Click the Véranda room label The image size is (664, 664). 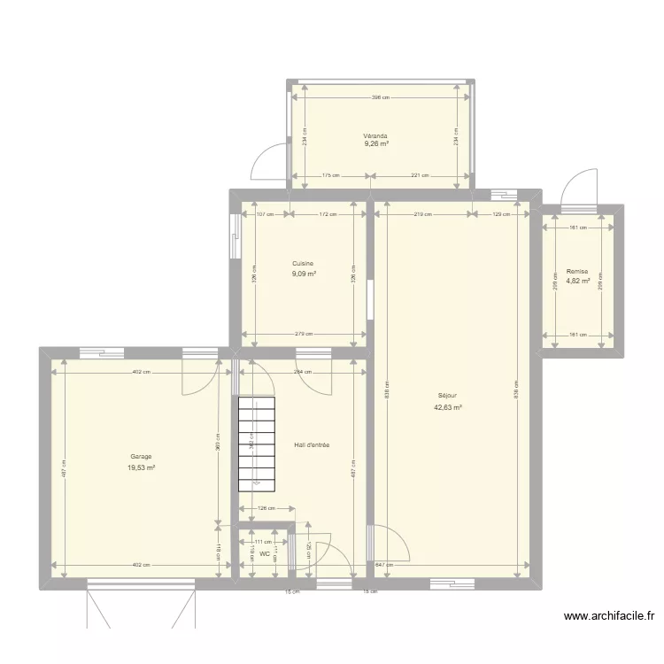tap(375, 136)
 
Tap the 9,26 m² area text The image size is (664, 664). tap(375, 144)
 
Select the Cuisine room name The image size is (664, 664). tap(304, 264)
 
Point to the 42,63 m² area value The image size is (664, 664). tap(448, 408)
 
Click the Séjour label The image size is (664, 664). tap(448, 396)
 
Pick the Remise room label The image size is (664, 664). tap(577, 272)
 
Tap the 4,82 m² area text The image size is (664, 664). tap(577, 282)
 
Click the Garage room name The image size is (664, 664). tap(140, 457)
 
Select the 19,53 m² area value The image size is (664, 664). tap(140, 467)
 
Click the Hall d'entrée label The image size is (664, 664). tap(311, 445)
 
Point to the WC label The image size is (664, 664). tap(264, 554)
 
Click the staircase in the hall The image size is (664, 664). tap(257, 443)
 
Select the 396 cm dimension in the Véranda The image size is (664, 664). tap(381, 97)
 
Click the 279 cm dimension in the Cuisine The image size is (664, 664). tap(304, 335)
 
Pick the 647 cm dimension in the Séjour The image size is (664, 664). tap(383, 565)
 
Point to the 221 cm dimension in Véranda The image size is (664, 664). tap(419, 175)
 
